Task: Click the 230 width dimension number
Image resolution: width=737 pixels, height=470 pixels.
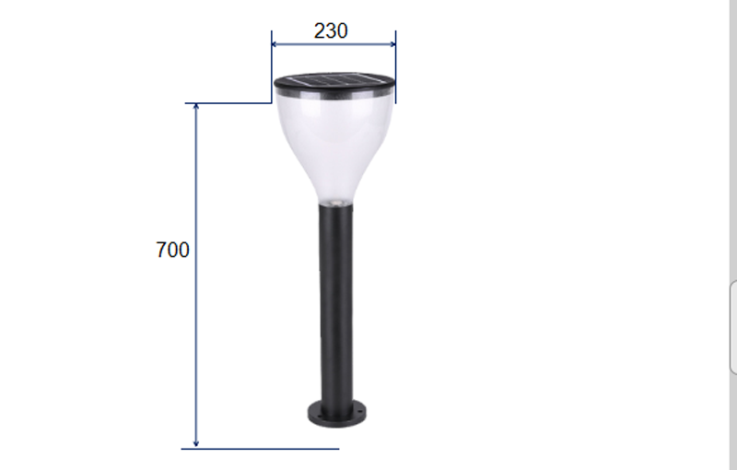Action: pos(331,31)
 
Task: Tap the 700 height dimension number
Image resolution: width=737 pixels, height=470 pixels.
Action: pos(172,250)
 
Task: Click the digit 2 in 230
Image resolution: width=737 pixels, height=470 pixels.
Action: pos(319,31)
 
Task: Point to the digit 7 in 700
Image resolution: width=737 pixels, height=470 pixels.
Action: pos(161,250)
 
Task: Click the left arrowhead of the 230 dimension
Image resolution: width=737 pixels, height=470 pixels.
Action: pos(275,44)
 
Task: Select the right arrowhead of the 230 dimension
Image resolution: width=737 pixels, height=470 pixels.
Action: pos(392,44)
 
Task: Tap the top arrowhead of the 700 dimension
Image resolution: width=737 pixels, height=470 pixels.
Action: pos(196,106)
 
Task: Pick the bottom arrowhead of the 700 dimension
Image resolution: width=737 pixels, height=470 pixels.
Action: pos(196,443)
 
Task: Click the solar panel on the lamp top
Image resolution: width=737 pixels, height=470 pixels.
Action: pos(333,80)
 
